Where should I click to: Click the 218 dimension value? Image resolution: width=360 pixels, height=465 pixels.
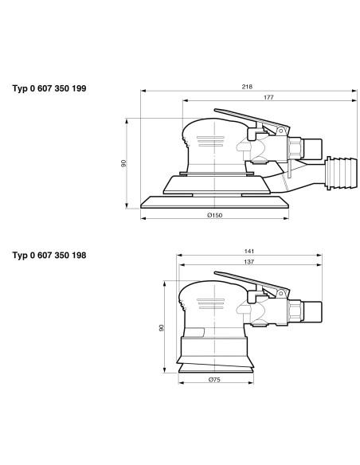point(247,87)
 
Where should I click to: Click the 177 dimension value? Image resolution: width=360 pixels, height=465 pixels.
point(268,97)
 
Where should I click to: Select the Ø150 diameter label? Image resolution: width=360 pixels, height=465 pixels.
point(215,215)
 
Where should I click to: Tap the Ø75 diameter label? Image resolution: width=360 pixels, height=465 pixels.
point(214,379)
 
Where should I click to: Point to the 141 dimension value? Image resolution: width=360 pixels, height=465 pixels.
point(249,251)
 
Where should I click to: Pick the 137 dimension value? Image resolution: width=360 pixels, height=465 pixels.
point(249,262)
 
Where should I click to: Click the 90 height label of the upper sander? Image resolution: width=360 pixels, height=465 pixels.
point(123,163)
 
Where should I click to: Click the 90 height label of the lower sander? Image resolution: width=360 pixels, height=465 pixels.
point(162,328)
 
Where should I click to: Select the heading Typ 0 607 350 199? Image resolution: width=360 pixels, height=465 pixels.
point(49,88)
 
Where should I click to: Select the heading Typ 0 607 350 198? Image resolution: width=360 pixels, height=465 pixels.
point(49,255)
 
